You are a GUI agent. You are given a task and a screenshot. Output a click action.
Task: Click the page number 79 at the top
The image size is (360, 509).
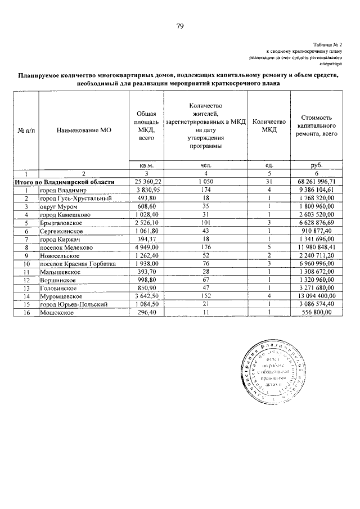[x=180, y=26]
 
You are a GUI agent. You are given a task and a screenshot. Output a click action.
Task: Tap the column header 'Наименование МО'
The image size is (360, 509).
[x=84, y=130]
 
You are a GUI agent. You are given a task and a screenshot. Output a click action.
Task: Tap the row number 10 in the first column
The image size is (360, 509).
[x=26, y=263]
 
